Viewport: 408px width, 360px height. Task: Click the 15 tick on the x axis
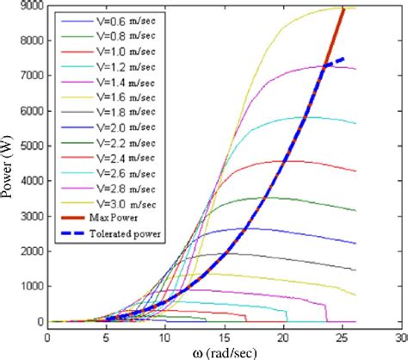226,338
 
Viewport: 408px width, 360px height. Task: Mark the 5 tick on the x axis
108,338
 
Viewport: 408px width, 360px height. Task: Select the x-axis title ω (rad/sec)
226,352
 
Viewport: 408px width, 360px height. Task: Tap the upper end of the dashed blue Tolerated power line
344,59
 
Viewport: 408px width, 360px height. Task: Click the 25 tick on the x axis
343,338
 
